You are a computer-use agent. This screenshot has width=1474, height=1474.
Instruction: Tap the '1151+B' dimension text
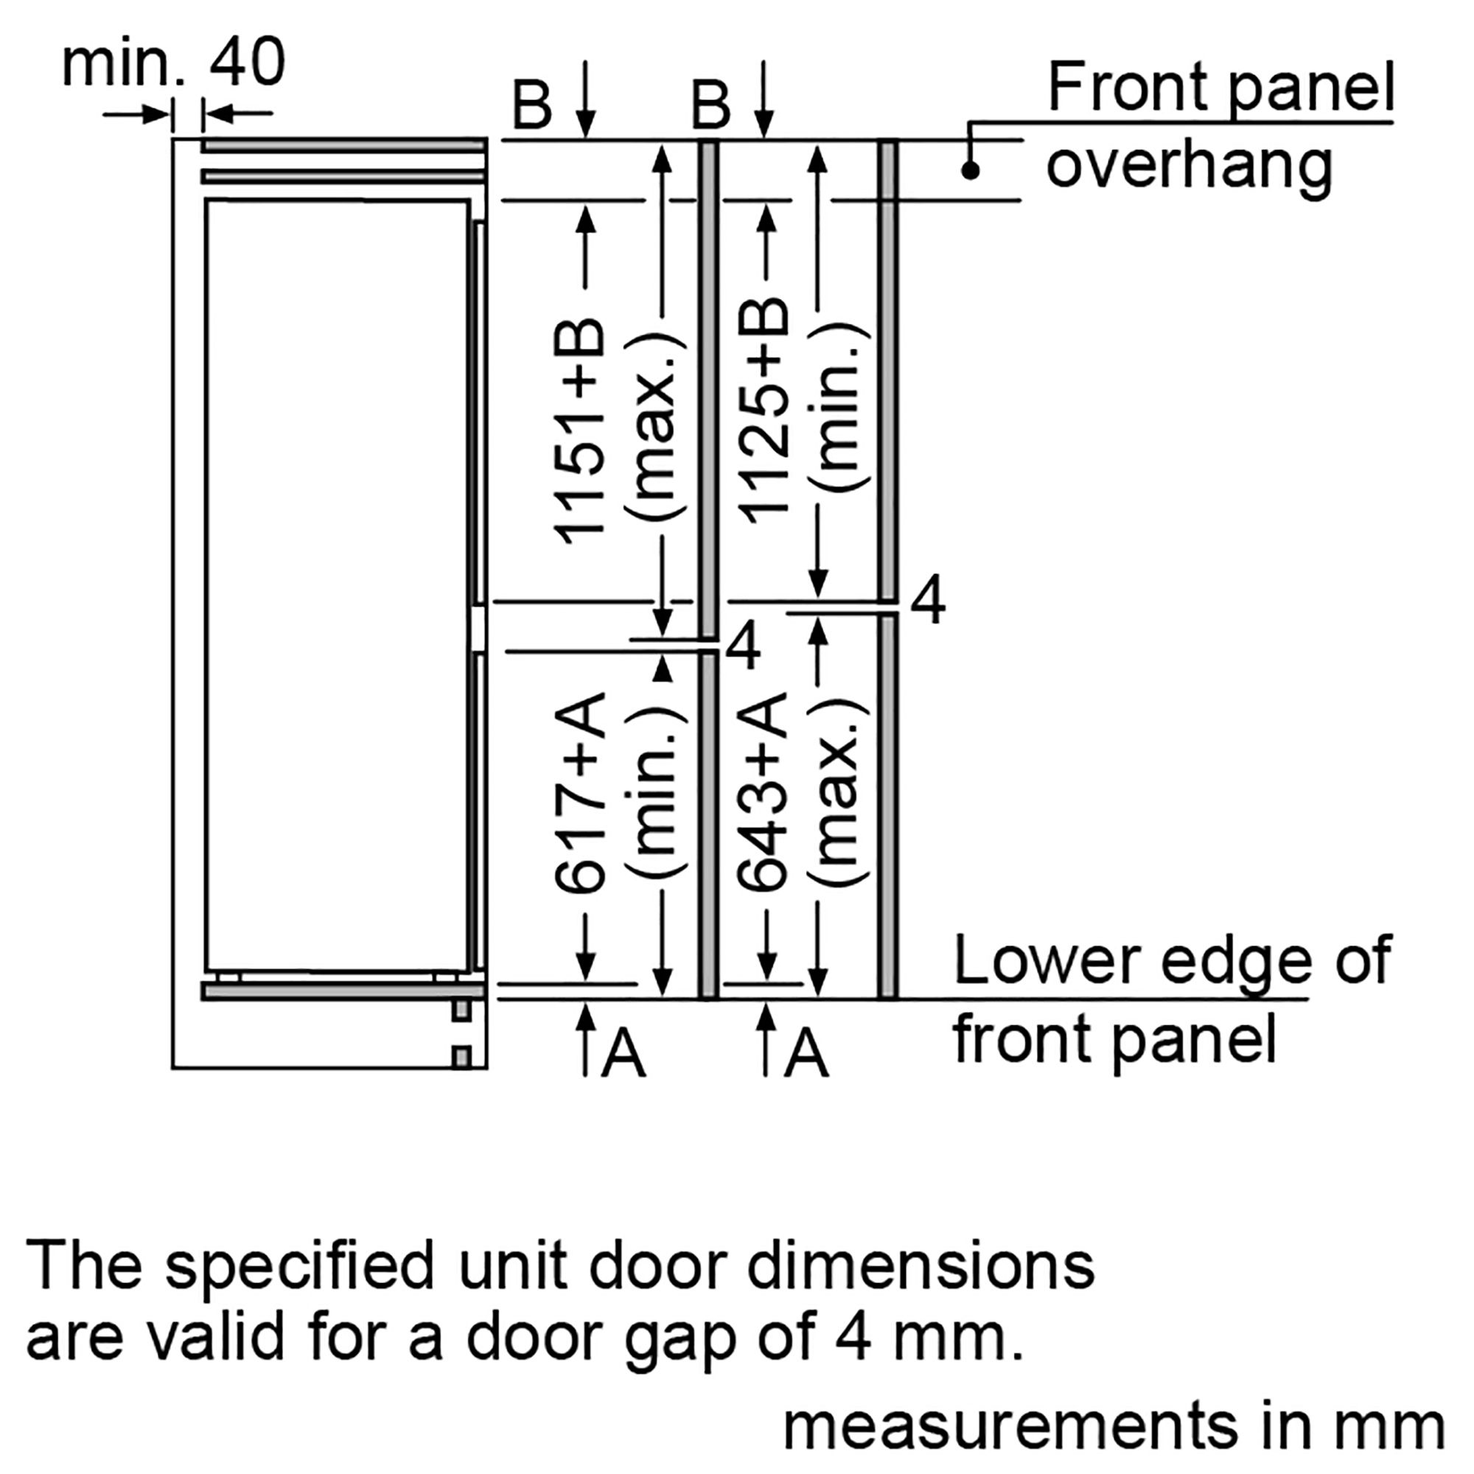point(580,430)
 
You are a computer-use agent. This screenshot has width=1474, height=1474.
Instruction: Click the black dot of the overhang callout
point(970,170)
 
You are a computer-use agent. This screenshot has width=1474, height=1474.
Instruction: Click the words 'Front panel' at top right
point(1221,88)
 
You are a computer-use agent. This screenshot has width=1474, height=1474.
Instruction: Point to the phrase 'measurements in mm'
point(1114,1425)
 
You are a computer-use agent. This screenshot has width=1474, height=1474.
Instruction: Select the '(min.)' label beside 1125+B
point(838,408)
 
